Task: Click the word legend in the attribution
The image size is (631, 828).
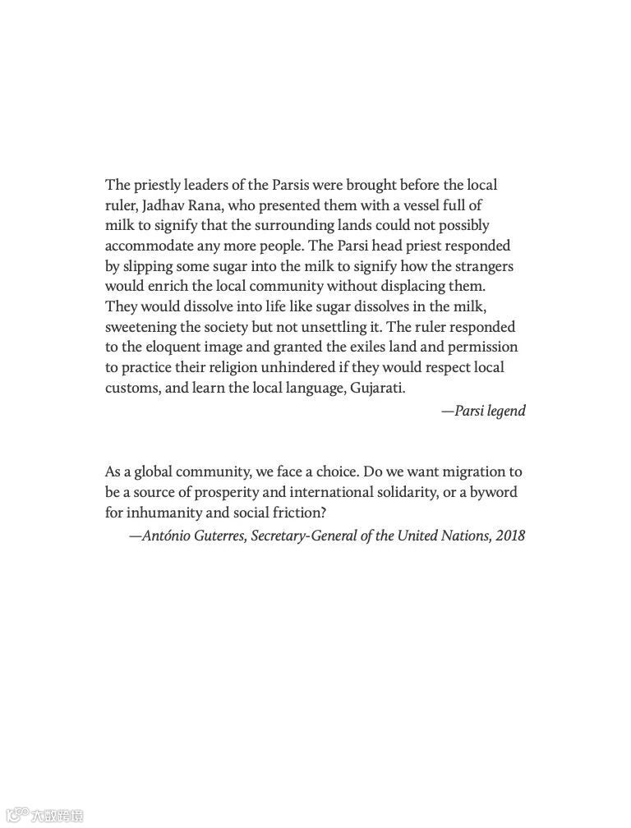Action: point(505,411)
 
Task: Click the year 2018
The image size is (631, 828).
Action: point(510,536)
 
